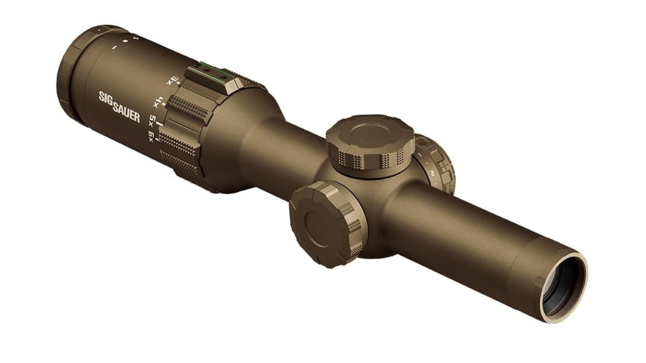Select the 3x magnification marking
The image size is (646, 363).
(x=173, y=81)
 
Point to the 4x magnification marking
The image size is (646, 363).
(x=159, y=102)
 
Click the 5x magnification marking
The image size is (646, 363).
(x=152, y=121)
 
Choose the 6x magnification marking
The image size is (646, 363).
(x=151, y=137)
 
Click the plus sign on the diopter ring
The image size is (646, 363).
(x=135, y=38)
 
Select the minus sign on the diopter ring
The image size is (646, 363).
(x=114, y=48)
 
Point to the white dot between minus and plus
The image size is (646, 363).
(x=124, y=42)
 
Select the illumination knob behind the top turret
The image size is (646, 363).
(x=436, y=164)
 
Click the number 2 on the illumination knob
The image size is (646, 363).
(x=432, y=173)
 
